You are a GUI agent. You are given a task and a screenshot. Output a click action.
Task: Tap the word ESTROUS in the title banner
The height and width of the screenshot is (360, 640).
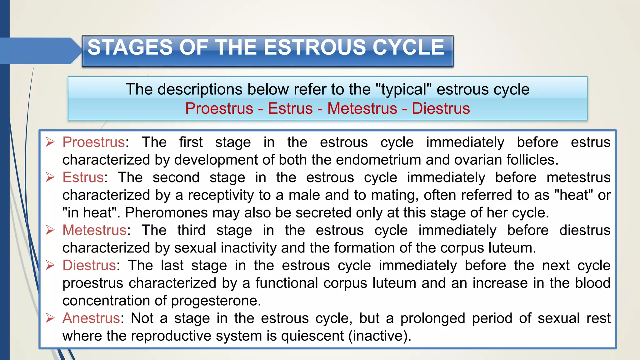[315, 47]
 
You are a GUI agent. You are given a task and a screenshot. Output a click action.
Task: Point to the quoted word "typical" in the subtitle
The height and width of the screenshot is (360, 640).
[403, 89]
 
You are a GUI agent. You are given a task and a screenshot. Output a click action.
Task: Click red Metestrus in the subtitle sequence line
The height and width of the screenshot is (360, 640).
[362, 108]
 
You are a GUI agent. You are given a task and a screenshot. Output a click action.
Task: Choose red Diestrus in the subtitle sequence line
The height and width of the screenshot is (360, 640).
[441, 108]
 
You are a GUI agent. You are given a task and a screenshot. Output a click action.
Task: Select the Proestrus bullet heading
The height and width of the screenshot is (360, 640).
[94, 142]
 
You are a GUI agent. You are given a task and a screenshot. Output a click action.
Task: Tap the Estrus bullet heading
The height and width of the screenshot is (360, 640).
[83, 177]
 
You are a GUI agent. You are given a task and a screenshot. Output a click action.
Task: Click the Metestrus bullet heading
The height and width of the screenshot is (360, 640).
[94, 230]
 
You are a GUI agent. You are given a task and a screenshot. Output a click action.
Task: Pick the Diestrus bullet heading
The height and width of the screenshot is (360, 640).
[89, 266]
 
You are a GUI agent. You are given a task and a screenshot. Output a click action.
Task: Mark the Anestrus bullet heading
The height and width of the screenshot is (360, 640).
[91, 318]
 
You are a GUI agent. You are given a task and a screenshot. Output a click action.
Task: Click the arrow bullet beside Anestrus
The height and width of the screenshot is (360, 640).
[50, 318]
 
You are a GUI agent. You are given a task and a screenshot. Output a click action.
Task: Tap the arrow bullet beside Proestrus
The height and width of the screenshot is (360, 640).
[50, 142]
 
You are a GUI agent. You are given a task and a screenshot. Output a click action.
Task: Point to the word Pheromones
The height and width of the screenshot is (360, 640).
[166, 213]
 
